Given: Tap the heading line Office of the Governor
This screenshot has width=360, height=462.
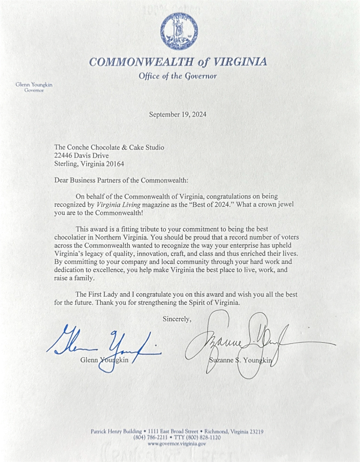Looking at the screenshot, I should (x=177, y=76).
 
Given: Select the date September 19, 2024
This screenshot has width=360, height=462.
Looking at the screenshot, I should (x=177, y=114).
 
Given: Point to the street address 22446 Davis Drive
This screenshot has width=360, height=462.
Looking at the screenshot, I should (x=81, y=156).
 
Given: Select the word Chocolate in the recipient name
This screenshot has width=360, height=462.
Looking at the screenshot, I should (x=113, y=147).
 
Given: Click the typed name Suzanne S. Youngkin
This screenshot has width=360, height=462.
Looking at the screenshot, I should (x=238, y=361).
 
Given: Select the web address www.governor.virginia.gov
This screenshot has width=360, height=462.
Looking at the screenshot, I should (x=177, y=444).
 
